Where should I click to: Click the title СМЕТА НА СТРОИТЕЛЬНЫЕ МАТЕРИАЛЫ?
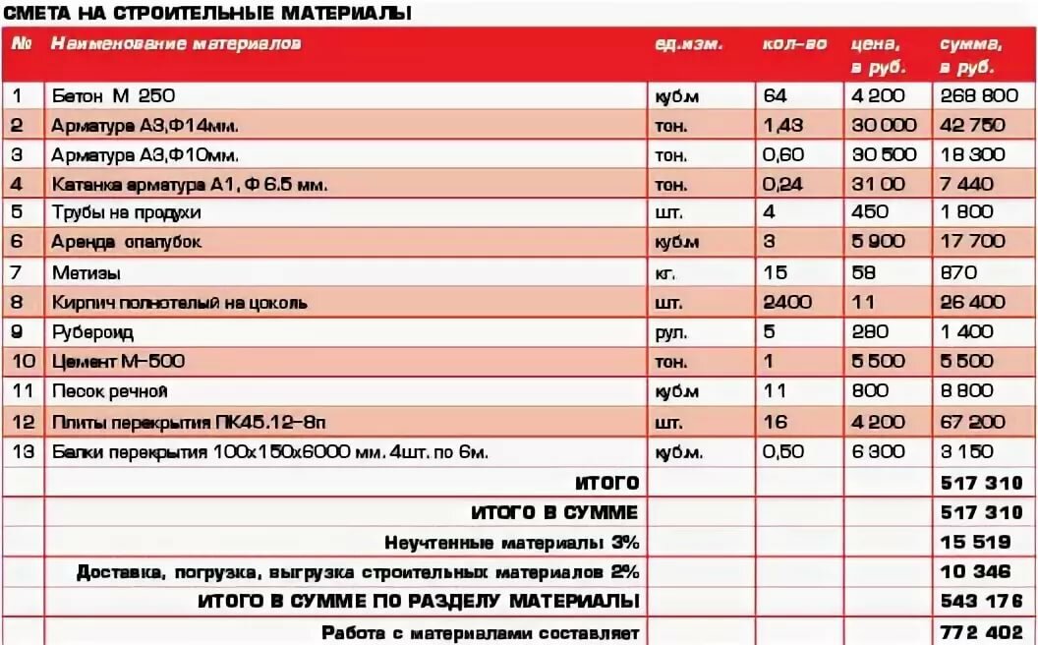[x=207, y=13]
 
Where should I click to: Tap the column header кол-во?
[x=794, y=45]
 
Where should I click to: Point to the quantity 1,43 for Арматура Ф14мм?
[x=783, y=125]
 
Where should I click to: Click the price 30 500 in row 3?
[x=885, y=154]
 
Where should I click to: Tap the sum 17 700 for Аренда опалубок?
[x=972, y=242]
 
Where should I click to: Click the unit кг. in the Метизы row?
[x=665, y=272]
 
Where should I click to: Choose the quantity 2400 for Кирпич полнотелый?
[x=787, y=302]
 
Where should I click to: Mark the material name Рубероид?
[x=92, y=332]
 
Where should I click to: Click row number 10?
[x=23, y=362]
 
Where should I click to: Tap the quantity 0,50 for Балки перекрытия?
[x=783, y=452]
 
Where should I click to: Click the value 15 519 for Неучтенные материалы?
[x=975, y=542]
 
